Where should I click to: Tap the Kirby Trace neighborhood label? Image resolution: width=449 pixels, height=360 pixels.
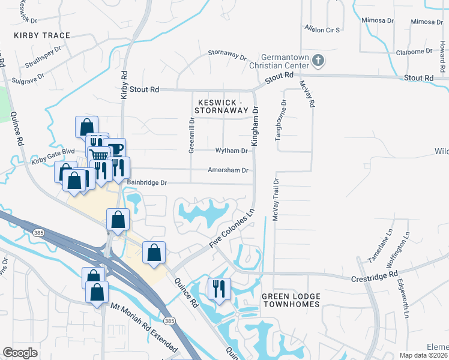coord(42,35)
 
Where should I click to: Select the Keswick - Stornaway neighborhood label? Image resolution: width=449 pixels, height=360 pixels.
coord(223,106)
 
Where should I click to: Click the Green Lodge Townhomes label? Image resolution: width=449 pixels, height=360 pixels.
coord(291,302)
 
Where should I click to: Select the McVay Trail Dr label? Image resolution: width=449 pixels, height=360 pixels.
coord(276,199)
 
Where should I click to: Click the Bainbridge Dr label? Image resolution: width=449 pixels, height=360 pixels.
coord(146,182)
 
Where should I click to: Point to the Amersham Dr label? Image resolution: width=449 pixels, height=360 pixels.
coord(228,170)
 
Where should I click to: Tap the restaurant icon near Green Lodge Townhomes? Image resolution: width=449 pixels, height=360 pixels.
coord(218,289)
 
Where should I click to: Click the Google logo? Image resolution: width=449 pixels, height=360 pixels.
coord(20,352)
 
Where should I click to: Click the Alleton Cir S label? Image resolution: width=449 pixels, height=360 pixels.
coord(322,29)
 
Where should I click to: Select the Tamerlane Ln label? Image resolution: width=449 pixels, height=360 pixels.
coord(385,240)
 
